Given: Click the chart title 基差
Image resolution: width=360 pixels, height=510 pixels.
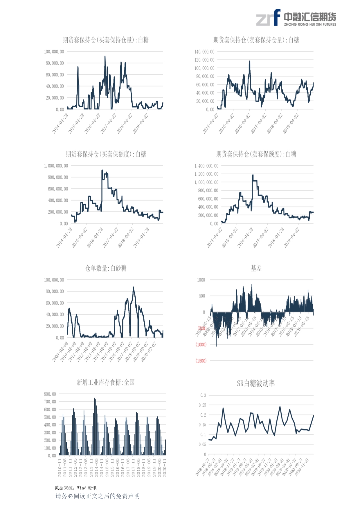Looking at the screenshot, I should coord(256,268).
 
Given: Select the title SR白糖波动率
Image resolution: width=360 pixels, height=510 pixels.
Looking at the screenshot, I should coord(256,383).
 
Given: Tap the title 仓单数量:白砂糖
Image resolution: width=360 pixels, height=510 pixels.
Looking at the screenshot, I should coord(106,268).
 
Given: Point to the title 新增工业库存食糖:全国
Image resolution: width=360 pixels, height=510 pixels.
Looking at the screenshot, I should coord(106,382).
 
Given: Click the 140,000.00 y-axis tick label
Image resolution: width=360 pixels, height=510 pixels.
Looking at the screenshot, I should coord(204,52).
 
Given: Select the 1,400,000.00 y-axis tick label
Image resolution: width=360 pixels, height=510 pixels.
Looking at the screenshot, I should coord(206,166).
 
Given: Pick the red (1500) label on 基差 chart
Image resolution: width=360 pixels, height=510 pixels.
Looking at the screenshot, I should coord(201,361).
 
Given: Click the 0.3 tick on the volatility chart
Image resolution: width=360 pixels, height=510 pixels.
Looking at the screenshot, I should coord(203,395).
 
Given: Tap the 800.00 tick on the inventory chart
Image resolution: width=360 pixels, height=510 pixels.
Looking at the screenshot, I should coord(50,394).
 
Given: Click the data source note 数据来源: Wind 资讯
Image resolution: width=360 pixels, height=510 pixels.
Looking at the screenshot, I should coord(75,488).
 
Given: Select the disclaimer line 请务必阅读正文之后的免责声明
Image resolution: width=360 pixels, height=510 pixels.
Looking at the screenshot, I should coord(98,496).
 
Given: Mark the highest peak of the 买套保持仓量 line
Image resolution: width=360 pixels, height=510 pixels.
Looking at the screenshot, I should coord(105,56).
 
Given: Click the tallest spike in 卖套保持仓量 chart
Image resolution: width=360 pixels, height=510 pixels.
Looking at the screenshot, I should coord(249,61).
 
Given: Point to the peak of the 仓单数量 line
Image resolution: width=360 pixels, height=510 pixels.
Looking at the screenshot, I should coord(133,287).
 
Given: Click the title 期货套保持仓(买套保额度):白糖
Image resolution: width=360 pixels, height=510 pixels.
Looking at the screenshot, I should coord(106,154).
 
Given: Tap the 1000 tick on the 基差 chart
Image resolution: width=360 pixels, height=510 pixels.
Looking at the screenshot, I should coord(201,280).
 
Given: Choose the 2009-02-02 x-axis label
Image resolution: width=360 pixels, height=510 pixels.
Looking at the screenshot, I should coord(60,352).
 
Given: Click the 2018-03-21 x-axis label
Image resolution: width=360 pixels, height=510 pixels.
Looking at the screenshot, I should coord(202,467).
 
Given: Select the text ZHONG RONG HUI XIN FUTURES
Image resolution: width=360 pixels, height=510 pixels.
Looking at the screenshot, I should coord(310,25).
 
